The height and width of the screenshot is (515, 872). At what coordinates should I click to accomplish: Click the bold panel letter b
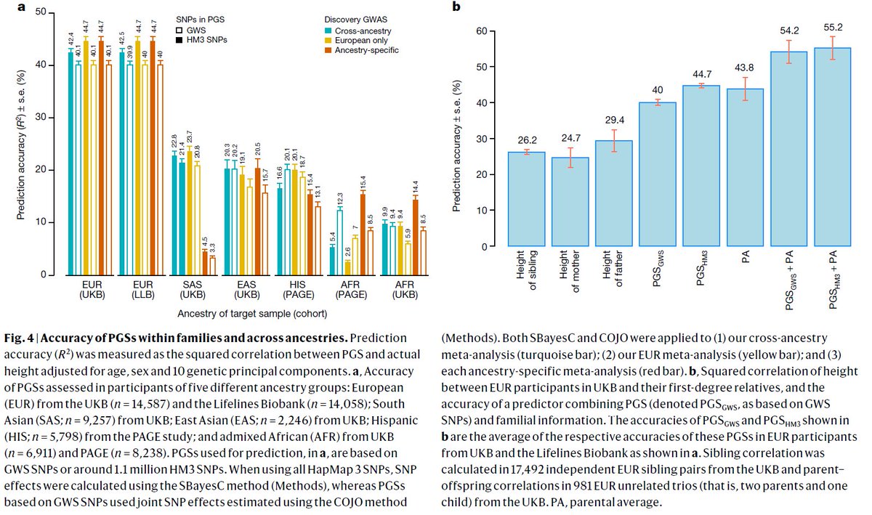point(456,7)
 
